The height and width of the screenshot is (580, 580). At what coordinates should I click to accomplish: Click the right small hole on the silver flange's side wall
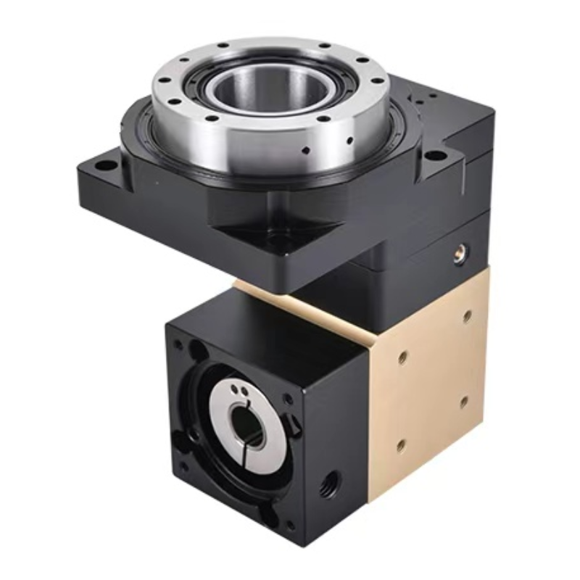(350, 139)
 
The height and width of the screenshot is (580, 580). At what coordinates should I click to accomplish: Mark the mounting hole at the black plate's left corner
(105, 166)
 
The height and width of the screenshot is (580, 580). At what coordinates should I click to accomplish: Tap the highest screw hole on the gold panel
(467, 316)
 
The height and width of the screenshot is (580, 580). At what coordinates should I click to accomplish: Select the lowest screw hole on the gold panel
(400, 444)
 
